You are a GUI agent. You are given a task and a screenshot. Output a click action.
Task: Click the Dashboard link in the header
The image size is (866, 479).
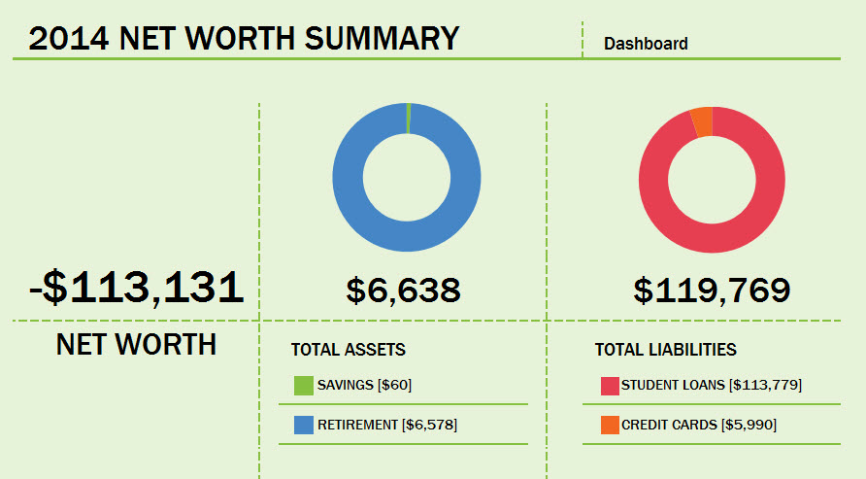point(646,44)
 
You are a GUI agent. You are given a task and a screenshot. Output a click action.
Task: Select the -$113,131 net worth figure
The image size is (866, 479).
point(135,288)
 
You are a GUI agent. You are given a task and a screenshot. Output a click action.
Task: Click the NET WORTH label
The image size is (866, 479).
point(136,344)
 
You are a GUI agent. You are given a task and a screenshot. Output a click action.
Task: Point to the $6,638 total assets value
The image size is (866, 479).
point(403,289)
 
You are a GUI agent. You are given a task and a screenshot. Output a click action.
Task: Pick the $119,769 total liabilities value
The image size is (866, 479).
point(712,289)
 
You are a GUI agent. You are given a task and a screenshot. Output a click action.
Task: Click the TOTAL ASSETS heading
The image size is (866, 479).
point(348,350)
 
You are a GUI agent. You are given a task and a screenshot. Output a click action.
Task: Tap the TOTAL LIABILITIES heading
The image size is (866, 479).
point(665,350)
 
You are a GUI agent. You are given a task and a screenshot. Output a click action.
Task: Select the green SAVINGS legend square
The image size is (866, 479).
point(304,386)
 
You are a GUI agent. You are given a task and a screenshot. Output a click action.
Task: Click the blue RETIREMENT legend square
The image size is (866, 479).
point(304,425)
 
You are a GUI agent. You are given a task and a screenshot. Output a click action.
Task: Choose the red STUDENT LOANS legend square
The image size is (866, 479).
point(610,386)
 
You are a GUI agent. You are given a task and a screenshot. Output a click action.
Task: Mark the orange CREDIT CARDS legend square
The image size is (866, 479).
point(610,425)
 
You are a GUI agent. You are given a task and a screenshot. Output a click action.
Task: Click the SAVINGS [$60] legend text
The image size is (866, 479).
point(364,386)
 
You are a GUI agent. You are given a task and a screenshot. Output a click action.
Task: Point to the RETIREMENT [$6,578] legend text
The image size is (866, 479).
point(386,425)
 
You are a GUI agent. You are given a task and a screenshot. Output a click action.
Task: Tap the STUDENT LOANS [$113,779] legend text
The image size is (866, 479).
point(711,386)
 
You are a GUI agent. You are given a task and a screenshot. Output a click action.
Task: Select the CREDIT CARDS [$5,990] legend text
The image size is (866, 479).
point(698,425)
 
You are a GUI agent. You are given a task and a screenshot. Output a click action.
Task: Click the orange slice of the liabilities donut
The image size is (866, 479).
point(702,121)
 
